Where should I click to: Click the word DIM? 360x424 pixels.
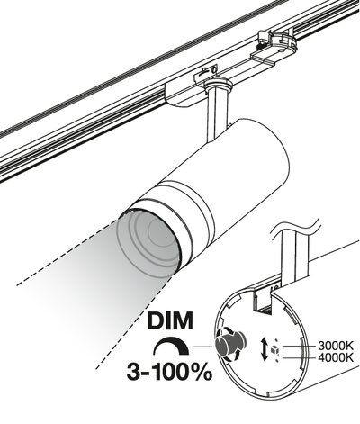[x=170, y=320]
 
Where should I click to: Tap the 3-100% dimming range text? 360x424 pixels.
[x=169, y=372]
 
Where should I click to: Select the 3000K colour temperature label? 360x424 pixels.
[x=336, y=346]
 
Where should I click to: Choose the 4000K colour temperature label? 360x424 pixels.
[x=336, y=357]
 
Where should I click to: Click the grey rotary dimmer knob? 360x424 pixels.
[x=229, y=344]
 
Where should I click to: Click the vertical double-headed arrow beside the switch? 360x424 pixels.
[x=265, y=349]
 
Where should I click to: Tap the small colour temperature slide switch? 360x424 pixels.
[x=274, y=349]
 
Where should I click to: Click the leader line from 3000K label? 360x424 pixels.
[x=299, y=346]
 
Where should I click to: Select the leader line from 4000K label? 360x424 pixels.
[x=299, y=357]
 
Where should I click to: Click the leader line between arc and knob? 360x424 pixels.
[x=203, y=347]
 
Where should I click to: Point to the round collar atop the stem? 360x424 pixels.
[x=217, y=85]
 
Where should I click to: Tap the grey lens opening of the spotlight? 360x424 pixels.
[x=148, y=241]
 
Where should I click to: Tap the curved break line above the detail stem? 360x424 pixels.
[x=295, y=228]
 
